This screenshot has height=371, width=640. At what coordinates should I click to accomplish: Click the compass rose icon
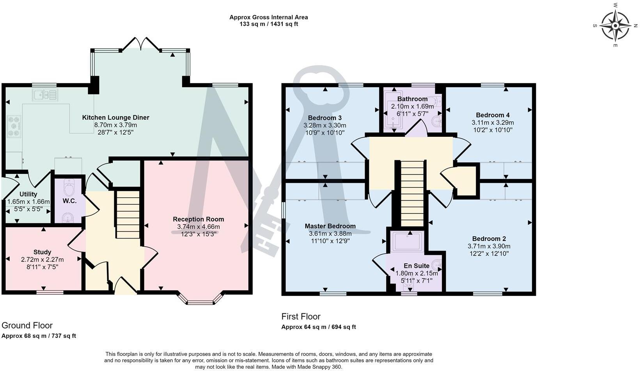click(615, 26)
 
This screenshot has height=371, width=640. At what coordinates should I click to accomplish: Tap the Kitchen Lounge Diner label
click(115, 117)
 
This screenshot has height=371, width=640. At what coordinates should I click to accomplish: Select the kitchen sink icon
click(45, 95)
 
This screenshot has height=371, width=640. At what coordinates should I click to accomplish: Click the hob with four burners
click(14, 126)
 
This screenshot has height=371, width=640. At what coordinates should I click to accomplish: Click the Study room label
click(42, 252)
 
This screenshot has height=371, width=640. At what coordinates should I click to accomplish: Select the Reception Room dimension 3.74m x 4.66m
click(198, 227)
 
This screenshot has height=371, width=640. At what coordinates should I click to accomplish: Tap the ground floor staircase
click(128, 214)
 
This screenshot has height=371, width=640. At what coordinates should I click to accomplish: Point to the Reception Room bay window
click(200, 299)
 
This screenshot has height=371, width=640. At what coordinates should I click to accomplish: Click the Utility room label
click(28, 194)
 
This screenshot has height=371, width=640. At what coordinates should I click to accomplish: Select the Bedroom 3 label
click(324, 118)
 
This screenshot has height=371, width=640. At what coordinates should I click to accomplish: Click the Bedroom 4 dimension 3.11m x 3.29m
click(493, 122)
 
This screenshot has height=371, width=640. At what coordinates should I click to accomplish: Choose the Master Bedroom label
click(330, 226)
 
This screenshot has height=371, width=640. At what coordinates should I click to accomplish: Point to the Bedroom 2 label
click(489, 238)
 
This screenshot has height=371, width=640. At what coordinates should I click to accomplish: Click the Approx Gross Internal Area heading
click(268, 17)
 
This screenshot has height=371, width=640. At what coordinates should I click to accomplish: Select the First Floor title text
click(301, 316)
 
